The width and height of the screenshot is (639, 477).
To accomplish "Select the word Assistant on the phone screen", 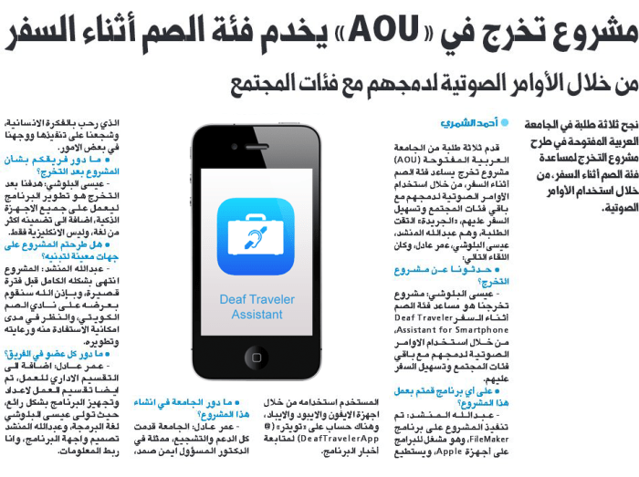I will coord(257,315).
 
